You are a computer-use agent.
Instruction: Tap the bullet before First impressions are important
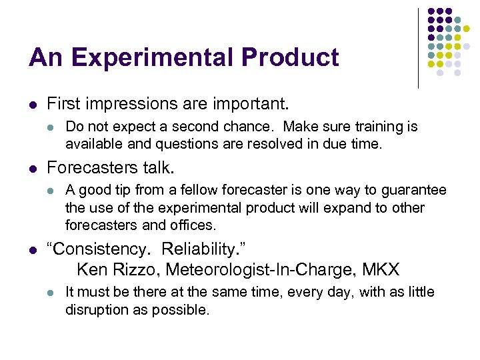(33, 104)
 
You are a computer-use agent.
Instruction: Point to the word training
(374, 127)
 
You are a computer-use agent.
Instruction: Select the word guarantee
(415, 191)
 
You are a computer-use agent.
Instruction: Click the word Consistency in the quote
(95, 249)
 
